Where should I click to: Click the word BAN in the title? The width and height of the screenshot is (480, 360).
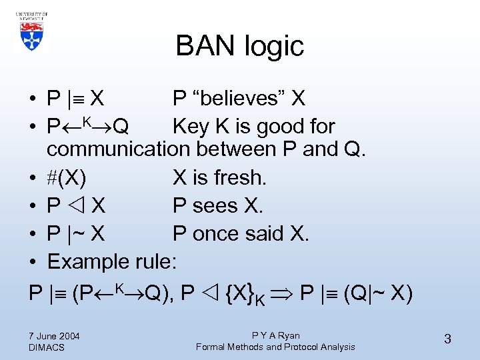[207, 46]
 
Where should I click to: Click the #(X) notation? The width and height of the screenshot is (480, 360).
[67, 177]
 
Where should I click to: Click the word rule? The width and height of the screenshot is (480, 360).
[158, 261]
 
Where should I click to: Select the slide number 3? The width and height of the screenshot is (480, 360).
[447, 339]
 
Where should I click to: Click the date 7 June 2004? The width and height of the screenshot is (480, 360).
[54, 335]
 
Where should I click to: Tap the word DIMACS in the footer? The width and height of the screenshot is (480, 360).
[47, 347]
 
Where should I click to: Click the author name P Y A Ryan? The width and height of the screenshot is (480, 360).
[275, 335]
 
